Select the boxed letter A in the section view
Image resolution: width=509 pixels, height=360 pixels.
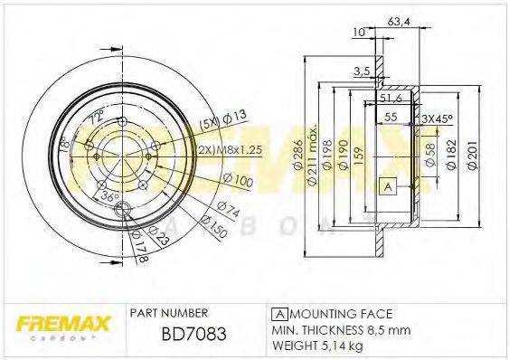coord(388,186)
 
